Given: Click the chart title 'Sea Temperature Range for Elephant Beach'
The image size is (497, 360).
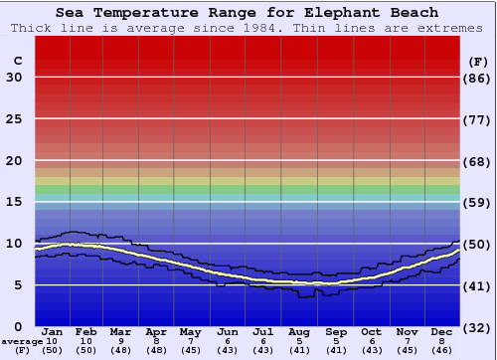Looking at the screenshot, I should click(x=247, y=13).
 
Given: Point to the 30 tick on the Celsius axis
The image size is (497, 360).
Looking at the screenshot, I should click(x=14, y=78).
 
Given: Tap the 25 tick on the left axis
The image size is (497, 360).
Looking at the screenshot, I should click(x=14, y=119).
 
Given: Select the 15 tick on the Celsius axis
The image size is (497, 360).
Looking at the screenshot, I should click(x=14, y=202).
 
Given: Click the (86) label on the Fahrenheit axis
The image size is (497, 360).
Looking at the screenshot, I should click(x=478, y=78).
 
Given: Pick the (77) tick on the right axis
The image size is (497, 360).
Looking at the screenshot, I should click(x=478, y=119).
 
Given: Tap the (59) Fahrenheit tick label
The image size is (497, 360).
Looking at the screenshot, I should click(x=478, y=202).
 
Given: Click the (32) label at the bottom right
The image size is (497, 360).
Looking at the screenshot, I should click(x=478, y=327).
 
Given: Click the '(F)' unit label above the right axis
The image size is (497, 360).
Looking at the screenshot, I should click(x=478, y=61).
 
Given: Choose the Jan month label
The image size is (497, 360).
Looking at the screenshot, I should click(x=53, y=331).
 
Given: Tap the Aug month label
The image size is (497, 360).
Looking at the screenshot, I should click(x=298, y=331).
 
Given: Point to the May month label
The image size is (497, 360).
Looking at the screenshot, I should click(x=190, y=331).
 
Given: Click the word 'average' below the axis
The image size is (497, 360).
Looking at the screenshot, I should click(x=22, y=341).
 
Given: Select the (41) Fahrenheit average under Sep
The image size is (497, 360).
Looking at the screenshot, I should click(x=335, y=350).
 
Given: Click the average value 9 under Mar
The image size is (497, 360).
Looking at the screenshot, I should click(x=120, y=341).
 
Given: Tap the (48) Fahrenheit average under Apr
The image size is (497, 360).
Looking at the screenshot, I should click(x=156, y=350).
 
